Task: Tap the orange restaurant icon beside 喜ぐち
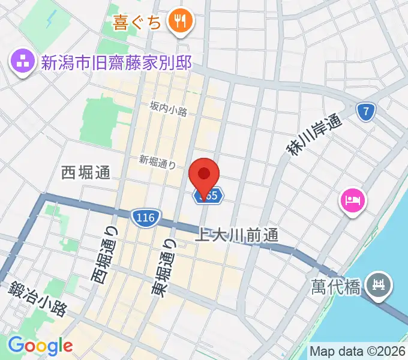click(x=179, y=22)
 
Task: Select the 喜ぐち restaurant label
click(x=137, y=23)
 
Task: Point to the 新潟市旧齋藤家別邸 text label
click(x=116, y=62)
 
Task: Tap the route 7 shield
click(x=365, y=111)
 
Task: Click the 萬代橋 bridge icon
click(x=379, y=283)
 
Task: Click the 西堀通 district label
click(x=86, y=173)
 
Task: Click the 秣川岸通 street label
click(x=313, y=135)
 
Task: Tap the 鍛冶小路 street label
click(x=37, y=299)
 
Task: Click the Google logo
click(x=40, y=345)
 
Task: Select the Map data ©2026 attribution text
click(x=358, y=351)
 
